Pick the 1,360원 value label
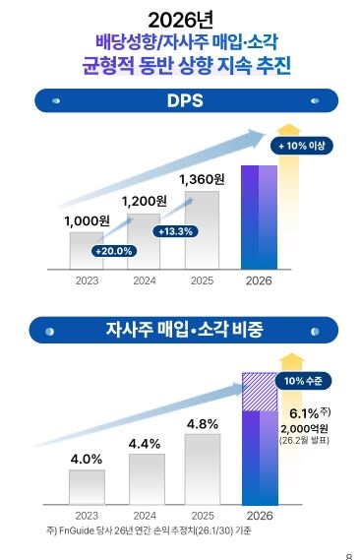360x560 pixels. point(203,179)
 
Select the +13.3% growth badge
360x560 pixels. point(174,231)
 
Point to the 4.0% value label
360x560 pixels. point(87,459)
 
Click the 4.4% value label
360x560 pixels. point(145,444)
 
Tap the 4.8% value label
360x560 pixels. point(202,424)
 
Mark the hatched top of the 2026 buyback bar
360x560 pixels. point(260,392)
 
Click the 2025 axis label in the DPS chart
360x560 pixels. point(202,280)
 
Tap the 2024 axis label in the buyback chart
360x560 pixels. point(144,515)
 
